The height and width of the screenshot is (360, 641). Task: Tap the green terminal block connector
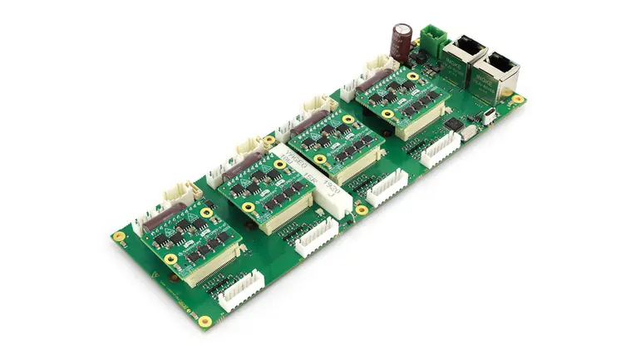[432, 38]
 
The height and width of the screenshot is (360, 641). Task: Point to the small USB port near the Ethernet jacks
[490, 116]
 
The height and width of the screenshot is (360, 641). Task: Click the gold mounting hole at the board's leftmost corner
[119, 236]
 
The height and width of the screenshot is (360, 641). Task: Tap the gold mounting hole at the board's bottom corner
[205, 319]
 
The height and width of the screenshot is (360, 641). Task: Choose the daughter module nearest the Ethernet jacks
[403, 100]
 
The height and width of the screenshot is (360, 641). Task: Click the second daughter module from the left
[266, 188]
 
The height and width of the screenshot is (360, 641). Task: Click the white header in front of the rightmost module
[440, 149]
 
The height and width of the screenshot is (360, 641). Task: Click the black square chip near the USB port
[454, 124]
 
